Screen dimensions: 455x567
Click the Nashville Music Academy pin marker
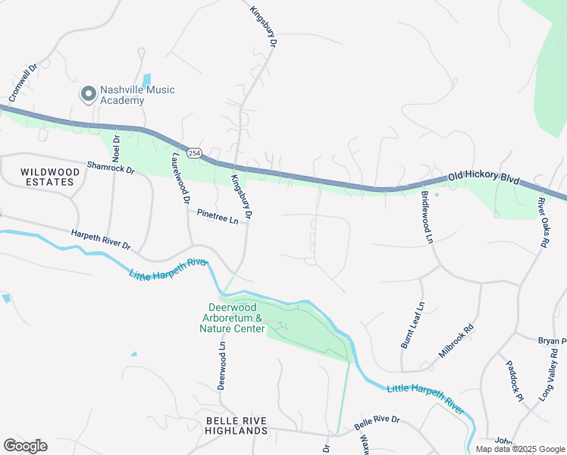click(89, 94)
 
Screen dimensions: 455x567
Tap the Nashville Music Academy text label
click(137, 95)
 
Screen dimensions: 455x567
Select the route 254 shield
click(195, 152)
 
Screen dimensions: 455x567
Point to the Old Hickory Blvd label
click(484, 178)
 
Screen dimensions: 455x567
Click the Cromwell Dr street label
click(23, 83)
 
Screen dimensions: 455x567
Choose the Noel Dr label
click(116, 147)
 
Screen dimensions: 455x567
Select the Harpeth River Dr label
click(101, 240)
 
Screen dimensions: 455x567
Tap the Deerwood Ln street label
click(222, 365)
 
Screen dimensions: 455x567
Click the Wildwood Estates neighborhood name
click(49, 177)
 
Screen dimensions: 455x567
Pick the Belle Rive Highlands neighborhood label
click(237, 425)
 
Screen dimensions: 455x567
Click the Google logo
click(25, 446)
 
